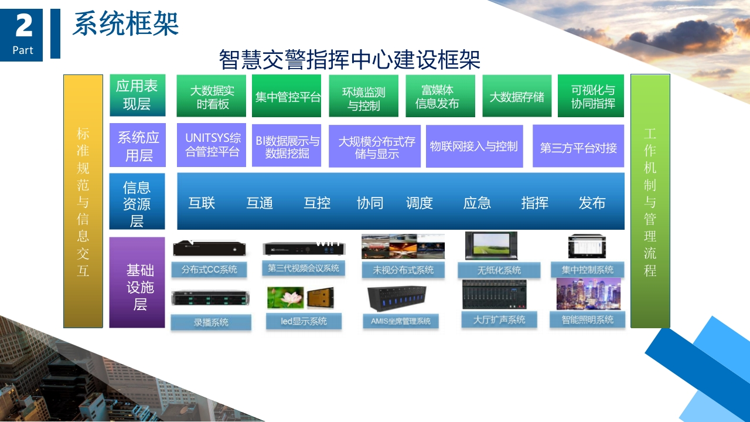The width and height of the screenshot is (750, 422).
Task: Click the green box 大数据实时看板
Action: [212, 96]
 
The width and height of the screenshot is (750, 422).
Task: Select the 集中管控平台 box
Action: [287, 96]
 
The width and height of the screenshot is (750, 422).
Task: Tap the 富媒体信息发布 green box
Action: [440, 96]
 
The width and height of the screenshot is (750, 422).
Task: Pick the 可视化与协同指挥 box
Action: [591, 96]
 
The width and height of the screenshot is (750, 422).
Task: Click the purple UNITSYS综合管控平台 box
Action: [212, 145]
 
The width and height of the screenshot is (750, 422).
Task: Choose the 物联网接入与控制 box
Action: [475, 146]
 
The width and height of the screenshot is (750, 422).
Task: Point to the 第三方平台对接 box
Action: [578, 146]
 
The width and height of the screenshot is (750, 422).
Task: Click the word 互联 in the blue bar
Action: [202, 203]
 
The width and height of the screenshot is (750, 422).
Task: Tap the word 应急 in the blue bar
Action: [477, 203]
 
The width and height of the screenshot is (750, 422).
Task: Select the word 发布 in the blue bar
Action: [592, 203]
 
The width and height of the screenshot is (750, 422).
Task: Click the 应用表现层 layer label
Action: [138, 95]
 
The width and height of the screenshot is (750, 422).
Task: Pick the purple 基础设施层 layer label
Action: [137, 283]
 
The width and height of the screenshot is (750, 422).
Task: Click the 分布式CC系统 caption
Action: [209, 270]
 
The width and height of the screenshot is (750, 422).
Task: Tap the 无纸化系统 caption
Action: [499, 270]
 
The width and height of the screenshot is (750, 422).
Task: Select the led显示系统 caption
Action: [304, 321]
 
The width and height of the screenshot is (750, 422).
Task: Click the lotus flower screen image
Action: [285, 297]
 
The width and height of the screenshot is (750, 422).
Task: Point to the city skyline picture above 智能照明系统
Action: [589, 294]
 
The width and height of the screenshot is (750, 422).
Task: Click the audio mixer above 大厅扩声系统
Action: [494, 294]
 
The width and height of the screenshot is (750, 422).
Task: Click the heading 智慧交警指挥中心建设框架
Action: [350, 60]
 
